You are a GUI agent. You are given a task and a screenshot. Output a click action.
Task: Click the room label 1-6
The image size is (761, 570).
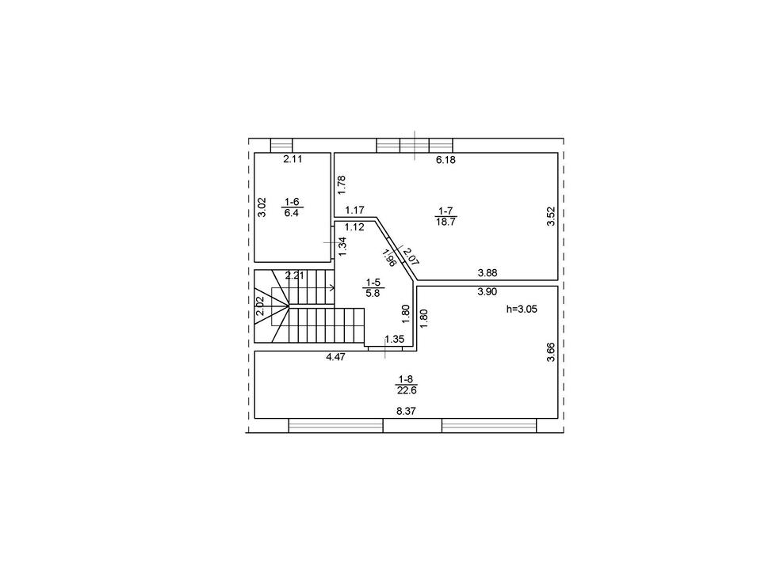[292, 202]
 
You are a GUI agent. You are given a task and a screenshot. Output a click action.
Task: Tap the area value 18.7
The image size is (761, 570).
[446, 222]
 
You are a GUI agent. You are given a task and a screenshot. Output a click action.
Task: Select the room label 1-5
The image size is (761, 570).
[373, 282]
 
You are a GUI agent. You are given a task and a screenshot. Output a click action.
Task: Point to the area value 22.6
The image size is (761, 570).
[406, 389]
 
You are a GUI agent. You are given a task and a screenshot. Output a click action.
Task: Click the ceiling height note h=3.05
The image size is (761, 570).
[522, 309]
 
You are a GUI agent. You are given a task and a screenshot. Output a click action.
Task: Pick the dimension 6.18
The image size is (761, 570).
[446, 159]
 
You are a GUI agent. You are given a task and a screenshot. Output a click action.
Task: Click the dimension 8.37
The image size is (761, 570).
[406, 411]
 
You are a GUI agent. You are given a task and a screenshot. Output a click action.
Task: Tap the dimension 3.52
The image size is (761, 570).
[551, 216]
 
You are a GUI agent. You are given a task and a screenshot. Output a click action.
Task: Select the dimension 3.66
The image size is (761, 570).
[551, 351]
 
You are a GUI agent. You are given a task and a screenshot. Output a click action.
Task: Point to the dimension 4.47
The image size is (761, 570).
[335, 357]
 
